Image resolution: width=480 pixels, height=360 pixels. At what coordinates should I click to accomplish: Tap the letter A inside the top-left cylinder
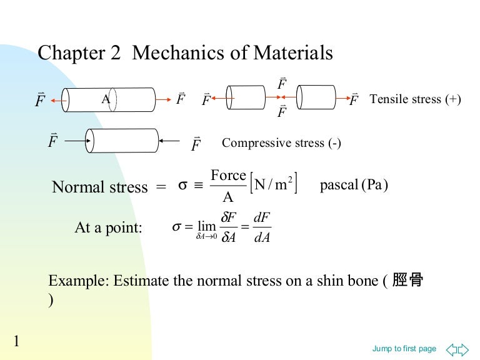coord(106,99)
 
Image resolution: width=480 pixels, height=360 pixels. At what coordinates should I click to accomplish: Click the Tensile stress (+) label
coord(415,99)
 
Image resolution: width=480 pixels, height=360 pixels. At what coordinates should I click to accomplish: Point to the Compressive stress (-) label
coord(281,143)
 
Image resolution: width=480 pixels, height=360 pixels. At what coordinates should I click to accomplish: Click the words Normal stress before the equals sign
coord(100,187)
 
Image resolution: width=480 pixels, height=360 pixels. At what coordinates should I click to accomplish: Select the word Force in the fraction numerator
coord(228,176)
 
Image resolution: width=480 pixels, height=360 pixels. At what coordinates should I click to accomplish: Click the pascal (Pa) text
coord(354,186)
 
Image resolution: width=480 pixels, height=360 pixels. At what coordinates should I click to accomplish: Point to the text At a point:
coord(108,227)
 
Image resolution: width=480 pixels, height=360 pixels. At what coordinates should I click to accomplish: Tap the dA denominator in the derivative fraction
coord(262,237)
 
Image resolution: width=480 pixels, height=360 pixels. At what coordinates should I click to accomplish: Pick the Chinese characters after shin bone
coord(408,281)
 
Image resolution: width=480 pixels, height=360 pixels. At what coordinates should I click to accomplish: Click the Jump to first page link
coord(404,349)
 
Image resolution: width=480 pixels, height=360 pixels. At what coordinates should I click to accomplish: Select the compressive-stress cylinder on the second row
coord(122,141)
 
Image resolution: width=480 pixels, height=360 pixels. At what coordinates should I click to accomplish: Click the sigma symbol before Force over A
coord(183,186)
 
